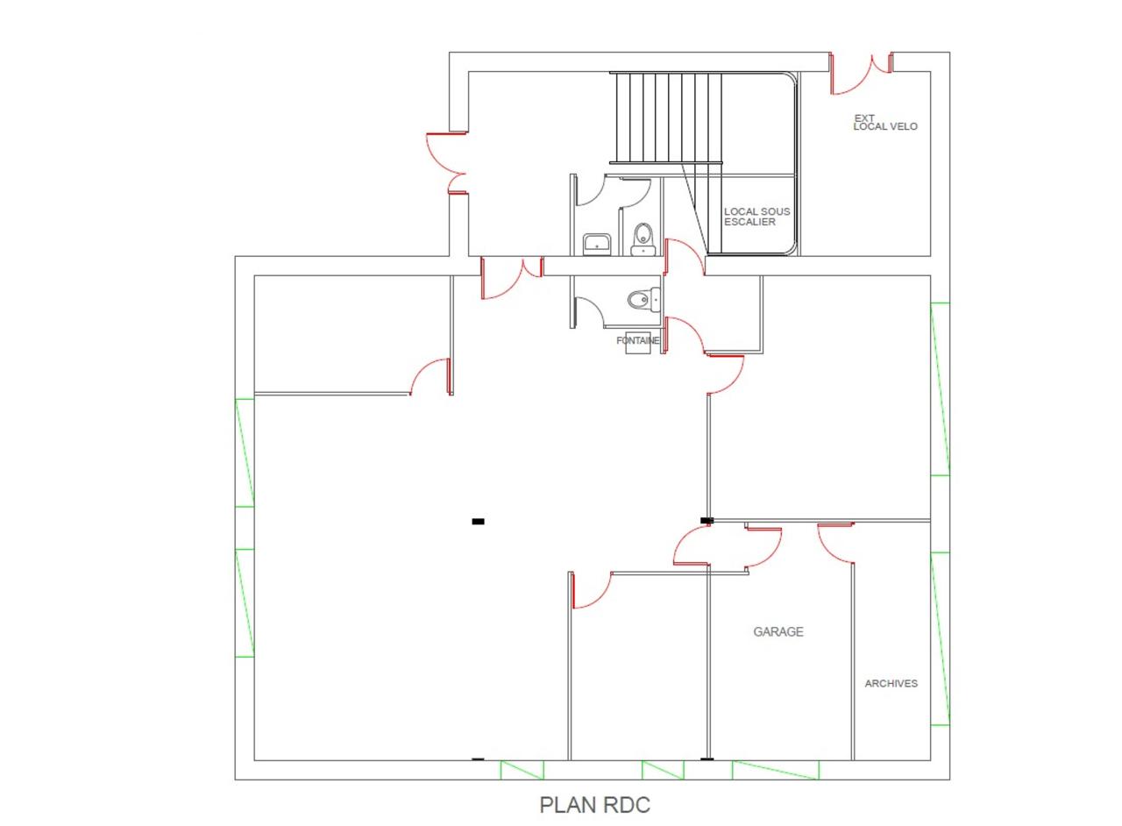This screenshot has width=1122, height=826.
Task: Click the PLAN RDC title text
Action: pos(594,805)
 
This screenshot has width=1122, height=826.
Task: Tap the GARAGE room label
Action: pos(778,631)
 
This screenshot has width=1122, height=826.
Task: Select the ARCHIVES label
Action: pos(891,683)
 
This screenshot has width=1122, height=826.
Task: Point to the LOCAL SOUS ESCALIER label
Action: pos(756,217)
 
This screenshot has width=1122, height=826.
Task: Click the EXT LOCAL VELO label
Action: pos(885,122)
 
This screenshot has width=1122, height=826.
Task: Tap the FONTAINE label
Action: pos(637,340)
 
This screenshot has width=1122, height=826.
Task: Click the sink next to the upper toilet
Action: pos(597,244)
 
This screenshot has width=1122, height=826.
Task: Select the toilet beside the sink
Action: pos(643,239)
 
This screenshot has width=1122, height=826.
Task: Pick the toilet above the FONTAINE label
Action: pos(644,300)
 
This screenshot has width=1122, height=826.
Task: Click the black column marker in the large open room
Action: pos(479,522)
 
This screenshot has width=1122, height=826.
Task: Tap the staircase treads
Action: pos(666,117)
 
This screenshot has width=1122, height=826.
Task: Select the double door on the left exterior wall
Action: pos(447,163)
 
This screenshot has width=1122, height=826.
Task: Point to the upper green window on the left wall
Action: pos(245,452)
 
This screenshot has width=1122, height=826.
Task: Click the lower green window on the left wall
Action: pos(245,603)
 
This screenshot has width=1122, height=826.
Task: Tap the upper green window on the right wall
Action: pos(941,389)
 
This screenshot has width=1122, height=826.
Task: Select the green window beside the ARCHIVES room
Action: pos(941,638)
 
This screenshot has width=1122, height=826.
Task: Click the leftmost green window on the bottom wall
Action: pos(522,770)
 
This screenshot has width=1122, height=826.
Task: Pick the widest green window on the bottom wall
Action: pos(776,770)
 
